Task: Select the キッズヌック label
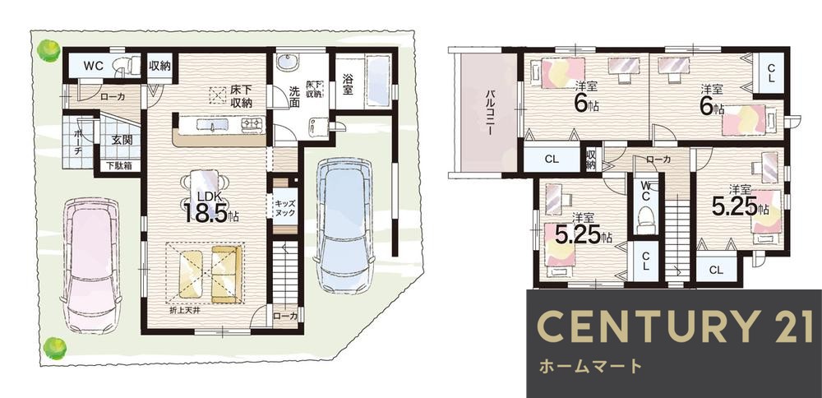coord(284,206)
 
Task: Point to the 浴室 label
coord(348,81)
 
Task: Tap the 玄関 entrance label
coord(121,140)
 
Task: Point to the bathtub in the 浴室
coord(378,81)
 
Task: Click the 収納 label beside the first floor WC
coord(160,65)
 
